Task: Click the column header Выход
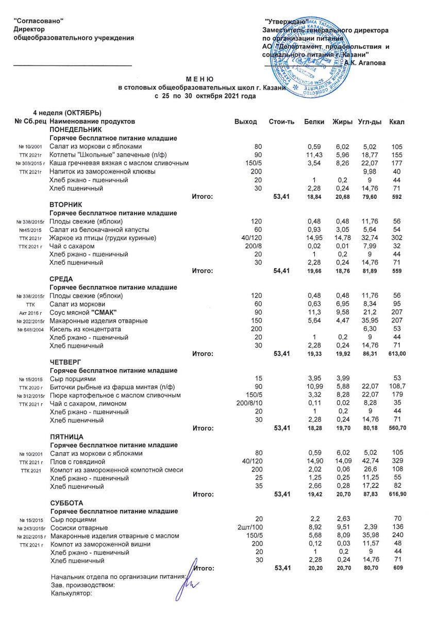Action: point(245,122)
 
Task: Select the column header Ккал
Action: point(397,122)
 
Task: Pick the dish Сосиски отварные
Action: point(78,528)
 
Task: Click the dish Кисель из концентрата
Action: point(85,329)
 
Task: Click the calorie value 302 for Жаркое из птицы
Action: point(396,237)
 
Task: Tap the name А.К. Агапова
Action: point(364,63)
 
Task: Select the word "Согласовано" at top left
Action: point(38,21)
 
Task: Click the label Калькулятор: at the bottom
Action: point(71,594)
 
